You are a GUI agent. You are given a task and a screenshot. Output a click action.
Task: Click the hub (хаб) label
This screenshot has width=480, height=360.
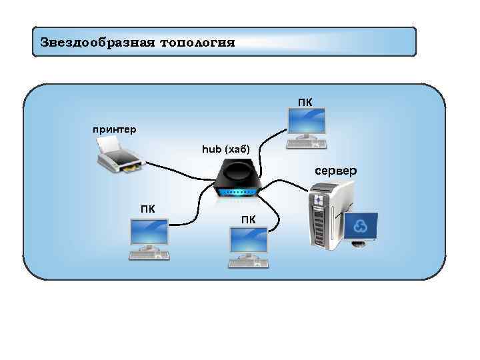click(225, 149)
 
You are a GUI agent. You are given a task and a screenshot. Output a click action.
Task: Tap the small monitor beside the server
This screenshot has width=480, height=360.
click(361, 227)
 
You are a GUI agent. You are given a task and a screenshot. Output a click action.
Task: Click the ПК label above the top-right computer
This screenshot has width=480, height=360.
click(305, 102)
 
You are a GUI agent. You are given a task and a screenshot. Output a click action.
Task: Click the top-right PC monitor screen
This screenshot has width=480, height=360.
click(305, 122)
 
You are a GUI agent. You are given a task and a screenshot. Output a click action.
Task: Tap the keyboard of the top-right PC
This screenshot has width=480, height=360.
click(306, 143)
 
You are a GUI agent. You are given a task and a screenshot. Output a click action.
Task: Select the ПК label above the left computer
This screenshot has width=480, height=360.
click(147, 208)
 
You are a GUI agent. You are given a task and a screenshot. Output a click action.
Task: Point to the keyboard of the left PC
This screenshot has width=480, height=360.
click(150, 254)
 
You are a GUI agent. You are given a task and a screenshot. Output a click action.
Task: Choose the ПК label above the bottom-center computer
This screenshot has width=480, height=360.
click(248, 219)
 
